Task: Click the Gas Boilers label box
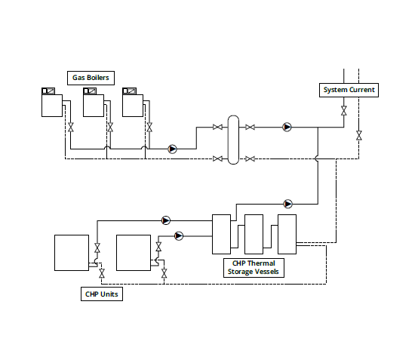coord(91,78)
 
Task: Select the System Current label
coord(349,90)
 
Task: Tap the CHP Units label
coord(102,294)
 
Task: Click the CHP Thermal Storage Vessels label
coord(254,267)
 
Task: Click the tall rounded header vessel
coord(233,140)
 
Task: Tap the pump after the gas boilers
coord(173,149)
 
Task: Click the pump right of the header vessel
coord(287,128)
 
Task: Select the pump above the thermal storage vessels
coord(288,204)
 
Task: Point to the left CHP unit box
coord(72,253)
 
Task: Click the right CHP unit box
coord(134,253)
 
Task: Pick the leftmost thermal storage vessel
coord(221,234)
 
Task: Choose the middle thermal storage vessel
coord(254,234)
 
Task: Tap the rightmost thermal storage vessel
coord(287,234)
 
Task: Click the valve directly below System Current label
coord(344,110)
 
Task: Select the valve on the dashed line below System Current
coord(359,135)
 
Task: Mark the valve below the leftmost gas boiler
coord(71,128)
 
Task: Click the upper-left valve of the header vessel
coord(217,128)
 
